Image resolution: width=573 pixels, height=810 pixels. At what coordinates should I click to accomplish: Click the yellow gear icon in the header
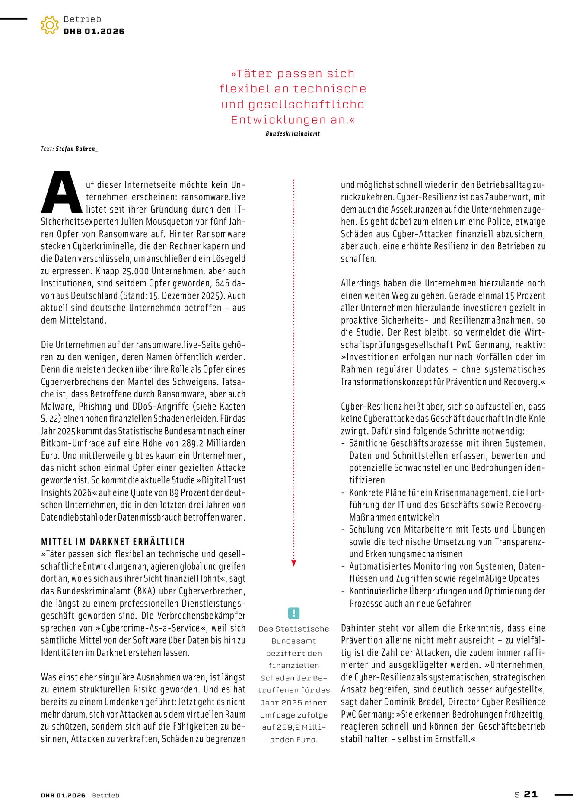(50, 25)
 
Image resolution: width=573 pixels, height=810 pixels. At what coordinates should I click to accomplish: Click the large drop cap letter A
(61, 193)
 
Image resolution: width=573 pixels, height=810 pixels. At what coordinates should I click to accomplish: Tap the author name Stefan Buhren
(76, 149)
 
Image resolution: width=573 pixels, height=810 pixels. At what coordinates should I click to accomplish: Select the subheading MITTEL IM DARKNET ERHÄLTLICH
(113, 542)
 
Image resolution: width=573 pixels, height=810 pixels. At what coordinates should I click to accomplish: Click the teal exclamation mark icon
(293, 613)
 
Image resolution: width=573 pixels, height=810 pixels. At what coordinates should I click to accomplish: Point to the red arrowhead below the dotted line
(293, 563)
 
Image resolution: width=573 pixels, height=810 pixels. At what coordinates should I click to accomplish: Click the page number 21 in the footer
(531, 794)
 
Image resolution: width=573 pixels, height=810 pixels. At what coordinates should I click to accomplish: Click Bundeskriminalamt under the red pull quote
(293, 134)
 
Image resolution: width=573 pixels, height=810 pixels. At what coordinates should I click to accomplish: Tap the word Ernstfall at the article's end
(449, 739)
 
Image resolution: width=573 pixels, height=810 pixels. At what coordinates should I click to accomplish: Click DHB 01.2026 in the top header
(94, 32)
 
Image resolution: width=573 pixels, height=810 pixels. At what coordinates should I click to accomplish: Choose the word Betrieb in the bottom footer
(105, 795)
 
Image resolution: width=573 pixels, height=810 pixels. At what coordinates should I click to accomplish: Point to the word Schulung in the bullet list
(366, 530)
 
